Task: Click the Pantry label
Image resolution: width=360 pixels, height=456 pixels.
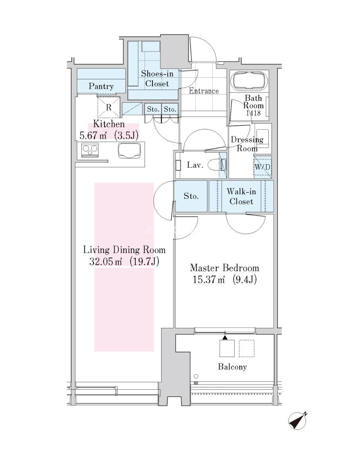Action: (101, 86)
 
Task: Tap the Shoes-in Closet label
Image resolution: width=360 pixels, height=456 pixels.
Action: (157, 79)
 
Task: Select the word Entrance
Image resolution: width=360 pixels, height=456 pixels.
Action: (204, 91)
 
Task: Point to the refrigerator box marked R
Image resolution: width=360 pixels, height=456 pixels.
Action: (108, 107)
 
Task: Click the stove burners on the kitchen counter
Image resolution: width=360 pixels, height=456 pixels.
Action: (90, 150)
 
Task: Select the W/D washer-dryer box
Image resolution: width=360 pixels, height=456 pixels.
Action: (262, 167)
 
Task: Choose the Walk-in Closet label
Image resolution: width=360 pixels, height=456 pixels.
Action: (241, 196)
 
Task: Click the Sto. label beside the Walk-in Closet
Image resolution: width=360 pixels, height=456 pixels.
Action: (191, 196)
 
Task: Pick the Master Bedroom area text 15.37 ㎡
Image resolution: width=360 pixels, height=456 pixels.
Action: (209, 280)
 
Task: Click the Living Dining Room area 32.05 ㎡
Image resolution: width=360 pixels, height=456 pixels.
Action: (105, 261)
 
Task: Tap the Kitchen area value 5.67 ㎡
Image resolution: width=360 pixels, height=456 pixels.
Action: (93, 135)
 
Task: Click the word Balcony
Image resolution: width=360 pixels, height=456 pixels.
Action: (232, 367)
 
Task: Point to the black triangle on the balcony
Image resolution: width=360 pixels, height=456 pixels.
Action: (225, 337)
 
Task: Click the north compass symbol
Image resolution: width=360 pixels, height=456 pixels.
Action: (297, 421)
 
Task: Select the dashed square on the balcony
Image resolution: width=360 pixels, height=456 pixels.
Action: (246, 349)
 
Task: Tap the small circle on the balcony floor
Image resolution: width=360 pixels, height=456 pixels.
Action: (196, 376)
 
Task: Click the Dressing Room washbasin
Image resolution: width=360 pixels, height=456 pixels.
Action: (263, 137)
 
